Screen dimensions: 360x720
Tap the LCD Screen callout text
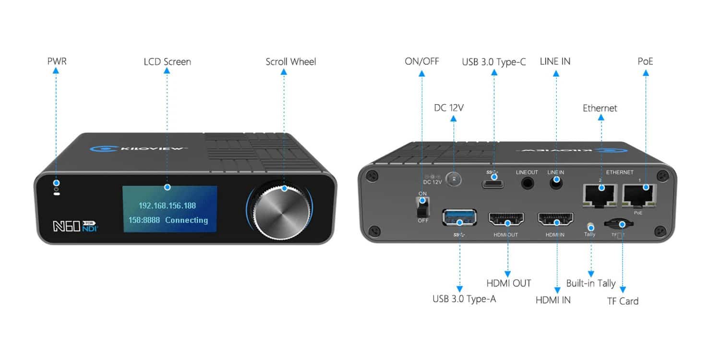click(167, 62)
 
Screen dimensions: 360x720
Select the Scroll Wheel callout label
click(291, 62)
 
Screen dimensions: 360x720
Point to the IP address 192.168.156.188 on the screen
click(167, 205)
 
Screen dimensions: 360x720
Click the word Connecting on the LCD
click(186, 220)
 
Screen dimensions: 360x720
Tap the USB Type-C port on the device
click(493, 183)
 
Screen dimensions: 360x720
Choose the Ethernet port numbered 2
click(600, 193)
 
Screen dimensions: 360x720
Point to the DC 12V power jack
click(453, 179)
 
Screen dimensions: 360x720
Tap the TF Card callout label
click(622, 301)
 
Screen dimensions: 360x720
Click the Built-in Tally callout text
click(590, 283)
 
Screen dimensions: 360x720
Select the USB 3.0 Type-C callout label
click(493, 61)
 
